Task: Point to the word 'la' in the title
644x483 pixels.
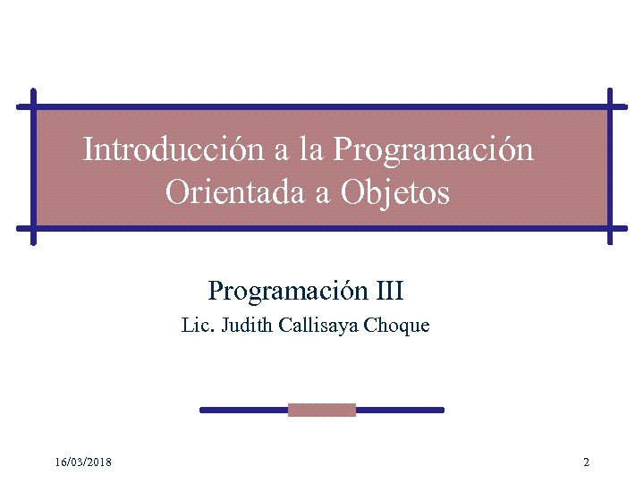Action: point(311,149)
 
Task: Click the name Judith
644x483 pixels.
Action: point(243,326)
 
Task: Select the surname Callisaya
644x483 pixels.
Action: point(319,326)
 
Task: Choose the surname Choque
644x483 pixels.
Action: point(397,326)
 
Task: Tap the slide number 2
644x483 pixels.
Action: point(586,462)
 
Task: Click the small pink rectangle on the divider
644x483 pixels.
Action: point(322,410)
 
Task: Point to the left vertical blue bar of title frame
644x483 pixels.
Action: point(34,166)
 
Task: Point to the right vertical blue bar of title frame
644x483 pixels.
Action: point(610,166)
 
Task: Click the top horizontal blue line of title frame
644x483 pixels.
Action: point(322,107)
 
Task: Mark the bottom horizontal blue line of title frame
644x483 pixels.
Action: point(322,227)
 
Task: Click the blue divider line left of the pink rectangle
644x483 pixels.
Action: point(243,410)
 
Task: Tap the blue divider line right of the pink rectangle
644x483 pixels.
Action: point(399,410)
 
